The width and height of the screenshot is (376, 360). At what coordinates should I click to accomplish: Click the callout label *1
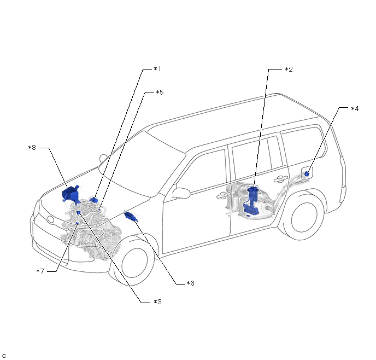[157, 69]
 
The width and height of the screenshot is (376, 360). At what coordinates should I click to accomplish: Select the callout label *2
[289, 69]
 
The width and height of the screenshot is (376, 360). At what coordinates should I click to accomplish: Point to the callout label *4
[355, 108]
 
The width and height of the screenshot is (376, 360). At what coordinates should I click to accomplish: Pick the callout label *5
[159, 92]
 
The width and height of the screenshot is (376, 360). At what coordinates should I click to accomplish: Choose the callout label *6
[190, 283]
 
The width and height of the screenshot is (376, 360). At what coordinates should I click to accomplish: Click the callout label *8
[32, 147]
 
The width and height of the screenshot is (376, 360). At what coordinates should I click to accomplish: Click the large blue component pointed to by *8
[70, 194]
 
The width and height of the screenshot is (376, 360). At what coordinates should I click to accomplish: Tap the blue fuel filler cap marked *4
[308, 173]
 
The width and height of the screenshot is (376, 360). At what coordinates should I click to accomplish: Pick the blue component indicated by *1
[94, 200]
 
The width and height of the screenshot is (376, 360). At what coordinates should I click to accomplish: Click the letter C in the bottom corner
[4, 356]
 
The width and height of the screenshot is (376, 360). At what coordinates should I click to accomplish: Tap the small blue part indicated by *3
[79, 212]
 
